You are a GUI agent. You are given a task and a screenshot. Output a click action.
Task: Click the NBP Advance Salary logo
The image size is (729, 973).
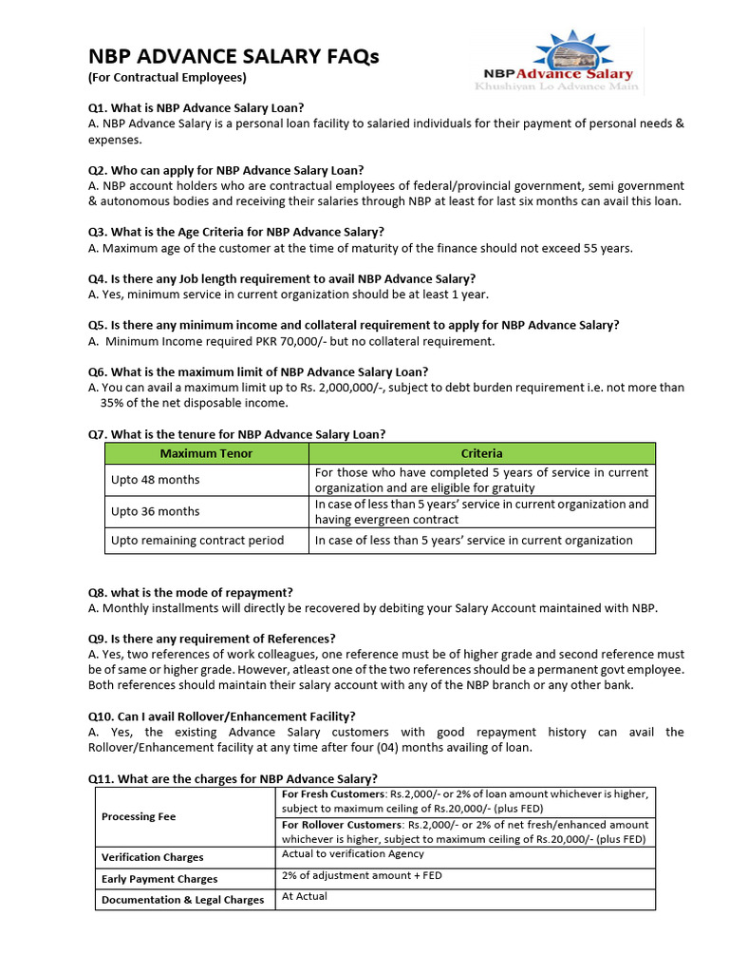click(x=557, y=61)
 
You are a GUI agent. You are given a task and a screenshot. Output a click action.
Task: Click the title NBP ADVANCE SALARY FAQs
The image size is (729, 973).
click(x=233, y=57)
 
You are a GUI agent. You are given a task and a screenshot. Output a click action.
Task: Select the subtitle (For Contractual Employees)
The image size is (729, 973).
click(x=167, y=78)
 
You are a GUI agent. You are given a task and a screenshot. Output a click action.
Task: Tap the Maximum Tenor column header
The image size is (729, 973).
click(x=206, y=453)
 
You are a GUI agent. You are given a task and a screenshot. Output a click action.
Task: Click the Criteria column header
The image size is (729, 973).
click(x=482, y=453)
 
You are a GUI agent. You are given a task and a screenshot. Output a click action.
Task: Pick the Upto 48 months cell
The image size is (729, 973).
click(x=156, y=480)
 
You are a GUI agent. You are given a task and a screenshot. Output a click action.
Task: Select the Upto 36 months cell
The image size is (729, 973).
click(x=156, y=511)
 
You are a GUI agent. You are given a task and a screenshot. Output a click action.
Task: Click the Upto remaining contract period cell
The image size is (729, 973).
click(x=197, y=541)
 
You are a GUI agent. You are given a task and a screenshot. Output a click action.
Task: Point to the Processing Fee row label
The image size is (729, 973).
click(x=140, y=816)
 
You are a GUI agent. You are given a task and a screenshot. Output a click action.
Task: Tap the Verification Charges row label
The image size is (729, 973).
click(x=153, y=857)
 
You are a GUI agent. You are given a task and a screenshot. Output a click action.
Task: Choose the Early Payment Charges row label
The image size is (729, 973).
click(x=159, y=879)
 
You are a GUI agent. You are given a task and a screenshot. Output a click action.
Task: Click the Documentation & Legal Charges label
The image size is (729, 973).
click(x=183, y=900)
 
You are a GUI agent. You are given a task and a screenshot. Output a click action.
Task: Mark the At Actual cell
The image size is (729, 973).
click(x=305, y=896)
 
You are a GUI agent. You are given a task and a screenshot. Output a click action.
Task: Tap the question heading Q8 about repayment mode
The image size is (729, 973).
click(x=191, y=592)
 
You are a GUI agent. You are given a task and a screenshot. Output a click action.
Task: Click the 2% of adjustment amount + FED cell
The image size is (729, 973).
click(x=362, y=875)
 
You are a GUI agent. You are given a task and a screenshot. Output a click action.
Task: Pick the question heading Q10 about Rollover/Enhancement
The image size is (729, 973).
click(x=222, y=715)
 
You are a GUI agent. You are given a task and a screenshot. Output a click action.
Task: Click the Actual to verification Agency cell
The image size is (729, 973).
click(x=353, y=854)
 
